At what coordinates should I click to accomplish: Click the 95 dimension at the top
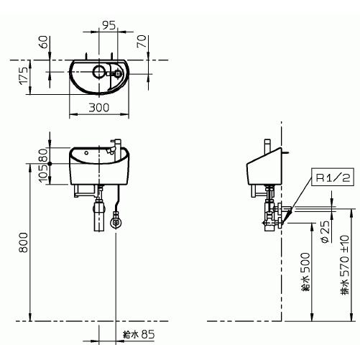[x=109, y=25]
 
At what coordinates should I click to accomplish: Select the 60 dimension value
[x=43, y=42]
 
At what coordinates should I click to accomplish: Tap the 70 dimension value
[x=142, y=41]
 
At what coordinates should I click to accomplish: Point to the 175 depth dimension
[x=24, y=75]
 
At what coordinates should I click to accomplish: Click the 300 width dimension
[x=99, y=108]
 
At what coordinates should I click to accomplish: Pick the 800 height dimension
[x=24, y=242]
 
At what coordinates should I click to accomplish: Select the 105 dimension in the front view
[x=44, y=174]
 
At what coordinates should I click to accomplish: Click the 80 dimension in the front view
[x=44, y=155]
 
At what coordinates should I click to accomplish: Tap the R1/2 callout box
[x=333, y=177]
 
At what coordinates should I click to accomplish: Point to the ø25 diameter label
[x=325, y=232]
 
